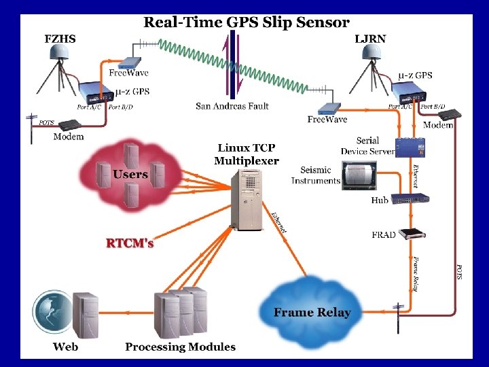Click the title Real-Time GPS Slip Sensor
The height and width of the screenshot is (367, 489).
pyautogui.click(x=246, y=22)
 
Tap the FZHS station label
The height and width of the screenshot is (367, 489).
pyautogui.click(x=60, y=39)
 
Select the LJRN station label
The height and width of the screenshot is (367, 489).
pyautogui.click(x=370, y=39)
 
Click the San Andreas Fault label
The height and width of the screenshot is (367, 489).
pyautogui.click(x=232, y=106)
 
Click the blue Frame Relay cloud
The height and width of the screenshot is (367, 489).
pyautogui.click(x=312, y=304)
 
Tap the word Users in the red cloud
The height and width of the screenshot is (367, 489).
pyautogui.click(x=130, y=175)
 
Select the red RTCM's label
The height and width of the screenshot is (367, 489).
pyautogui.click(x=130, y=243)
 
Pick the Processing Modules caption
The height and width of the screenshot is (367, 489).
pyautogui.click(x=180, y=347)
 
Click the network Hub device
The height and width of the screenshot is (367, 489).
pyautogui.click(x=412, y=198)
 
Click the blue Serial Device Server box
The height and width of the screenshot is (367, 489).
pyautogui.click(x=410, y=147)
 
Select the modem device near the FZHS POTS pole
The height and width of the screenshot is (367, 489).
pyautogui.click(x=70, y=125)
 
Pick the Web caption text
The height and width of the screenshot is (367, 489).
pyautogui.click(x=66, y=347)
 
